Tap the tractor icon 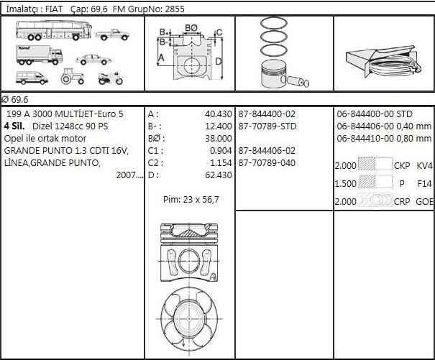[x=73, y=76]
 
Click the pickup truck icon [x=112, y=34]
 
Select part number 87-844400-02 [x=267, y=114]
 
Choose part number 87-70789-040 [x=267, y=163]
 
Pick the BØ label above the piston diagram [x=191, y=28]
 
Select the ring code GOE [x=424, y=202]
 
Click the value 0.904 [x=220, y=151]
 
